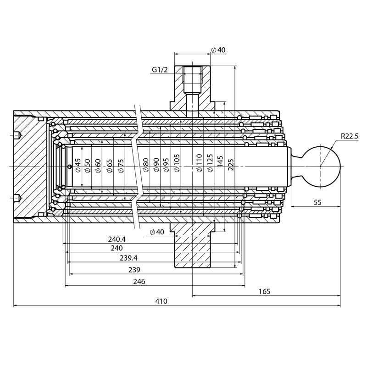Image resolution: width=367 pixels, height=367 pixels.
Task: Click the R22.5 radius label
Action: (350, 136)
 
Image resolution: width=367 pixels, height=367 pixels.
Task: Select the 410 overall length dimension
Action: (161, 301)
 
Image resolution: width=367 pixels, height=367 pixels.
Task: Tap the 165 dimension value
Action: (264, 291)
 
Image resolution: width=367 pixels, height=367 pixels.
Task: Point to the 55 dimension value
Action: (317, 202)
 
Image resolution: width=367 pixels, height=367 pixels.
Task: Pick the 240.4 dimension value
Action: (117, 239)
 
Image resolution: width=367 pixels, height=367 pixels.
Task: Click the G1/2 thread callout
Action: (160, 70)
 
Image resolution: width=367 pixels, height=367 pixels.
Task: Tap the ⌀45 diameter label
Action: (78, 165)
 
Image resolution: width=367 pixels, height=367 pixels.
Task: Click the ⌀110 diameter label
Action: (199, 163)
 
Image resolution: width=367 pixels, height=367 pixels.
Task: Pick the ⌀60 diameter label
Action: (98, 165)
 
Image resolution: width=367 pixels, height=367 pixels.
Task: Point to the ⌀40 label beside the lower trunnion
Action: (157, 232)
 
